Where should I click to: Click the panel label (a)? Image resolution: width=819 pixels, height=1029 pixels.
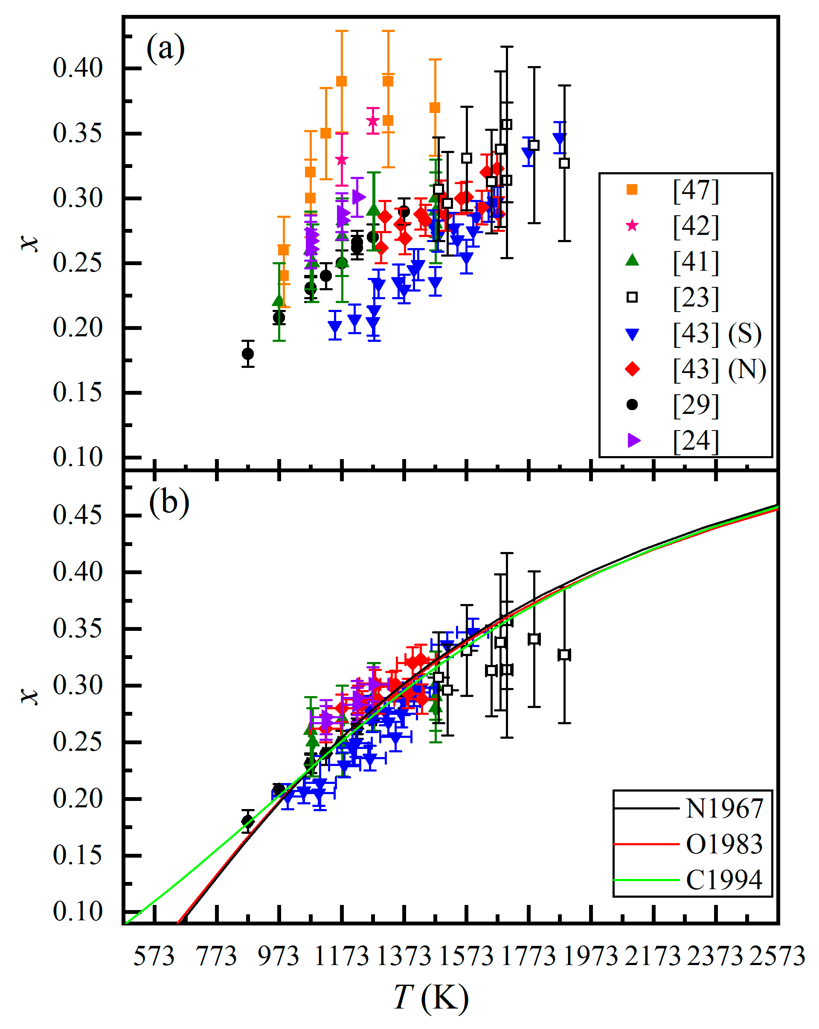click(165, 49)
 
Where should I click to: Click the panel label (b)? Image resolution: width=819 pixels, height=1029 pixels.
click(168, 503)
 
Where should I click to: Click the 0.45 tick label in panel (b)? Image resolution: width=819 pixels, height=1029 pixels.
click(77, 515)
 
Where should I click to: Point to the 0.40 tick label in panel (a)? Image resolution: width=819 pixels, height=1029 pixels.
click(77, 68)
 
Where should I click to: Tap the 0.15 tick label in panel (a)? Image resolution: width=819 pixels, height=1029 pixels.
click(77, 392)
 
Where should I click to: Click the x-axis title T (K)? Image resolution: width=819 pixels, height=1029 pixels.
click(431, 997)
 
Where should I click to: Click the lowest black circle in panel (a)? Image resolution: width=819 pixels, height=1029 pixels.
click(248, 354)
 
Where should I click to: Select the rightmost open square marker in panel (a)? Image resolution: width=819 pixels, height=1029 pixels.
click(564, 163)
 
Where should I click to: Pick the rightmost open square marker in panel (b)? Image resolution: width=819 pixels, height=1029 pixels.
click(564, 655)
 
